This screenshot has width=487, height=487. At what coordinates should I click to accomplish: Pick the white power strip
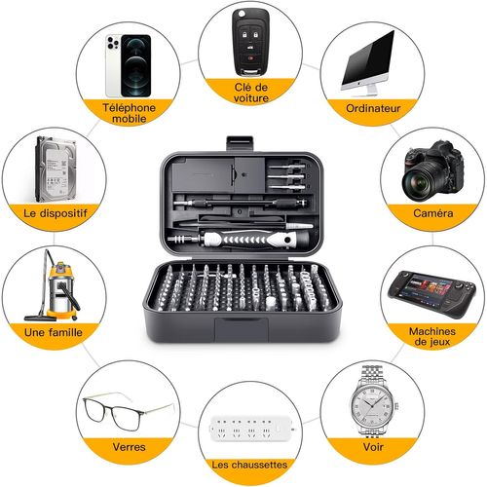(247, 428)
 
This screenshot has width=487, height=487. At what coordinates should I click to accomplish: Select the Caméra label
(431, 214)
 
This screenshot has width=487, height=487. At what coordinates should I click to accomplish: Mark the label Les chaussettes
(247, 466)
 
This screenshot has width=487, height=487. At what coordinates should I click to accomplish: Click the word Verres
(129, 447)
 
